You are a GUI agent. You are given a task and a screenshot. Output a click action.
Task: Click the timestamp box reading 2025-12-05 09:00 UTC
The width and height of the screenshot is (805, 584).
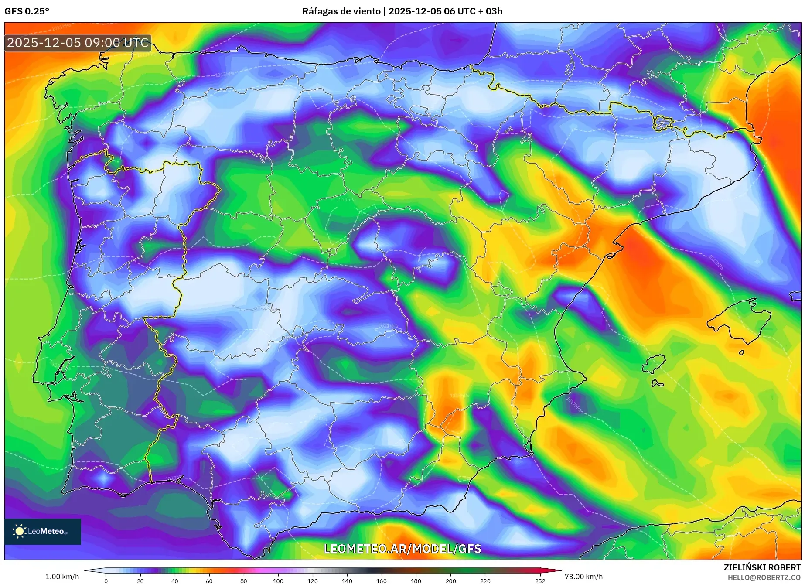78,43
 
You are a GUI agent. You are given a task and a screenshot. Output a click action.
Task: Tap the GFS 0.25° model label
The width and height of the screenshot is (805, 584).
27,11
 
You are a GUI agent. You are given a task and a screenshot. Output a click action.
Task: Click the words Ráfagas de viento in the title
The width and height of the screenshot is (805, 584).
341,11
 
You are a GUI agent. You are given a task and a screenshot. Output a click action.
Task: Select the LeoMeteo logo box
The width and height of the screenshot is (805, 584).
43,531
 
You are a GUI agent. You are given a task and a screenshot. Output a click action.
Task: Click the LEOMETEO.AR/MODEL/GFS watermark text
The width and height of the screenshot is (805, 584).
402,549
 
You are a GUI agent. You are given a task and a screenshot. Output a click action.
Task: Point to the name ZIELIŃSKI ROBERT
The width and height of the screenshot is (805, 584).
762,567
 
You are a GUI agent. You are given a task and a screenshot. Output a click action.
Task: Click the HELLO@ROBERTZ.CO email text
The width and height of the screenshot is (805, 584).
764,577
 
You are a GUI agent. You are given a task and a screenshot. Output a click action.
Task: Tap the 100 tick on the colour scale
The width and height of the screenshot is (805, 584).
278,581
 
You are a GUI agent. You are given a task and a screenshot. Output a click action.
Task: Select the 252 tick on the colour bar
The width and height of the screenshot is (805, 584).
540,581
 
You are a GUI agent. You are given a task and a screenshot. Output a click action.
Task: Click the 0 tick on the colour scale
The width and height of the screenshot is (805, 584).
106,581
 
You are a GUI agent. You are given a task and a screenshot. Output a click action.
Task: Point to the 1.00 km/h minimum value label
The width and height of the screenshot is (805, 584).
62,577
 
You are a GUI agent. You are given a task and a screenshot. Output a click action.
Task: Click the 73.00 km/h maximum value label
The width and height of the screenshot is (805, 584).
583,577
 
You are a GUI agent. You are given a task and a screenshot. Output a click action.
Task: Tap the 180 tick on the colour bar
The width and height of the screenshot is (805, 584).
416,581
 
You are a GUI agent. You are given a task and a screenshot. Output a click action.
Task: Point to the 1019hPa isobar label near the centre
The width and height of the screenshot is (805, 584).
346,200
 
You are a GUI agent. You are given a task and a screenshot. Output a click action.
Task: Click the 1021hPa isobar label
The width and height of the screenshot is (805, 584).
388,326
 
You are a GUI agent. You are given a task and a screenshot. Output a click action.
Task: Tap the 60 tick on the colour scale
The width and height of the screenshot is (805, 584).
209,581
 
